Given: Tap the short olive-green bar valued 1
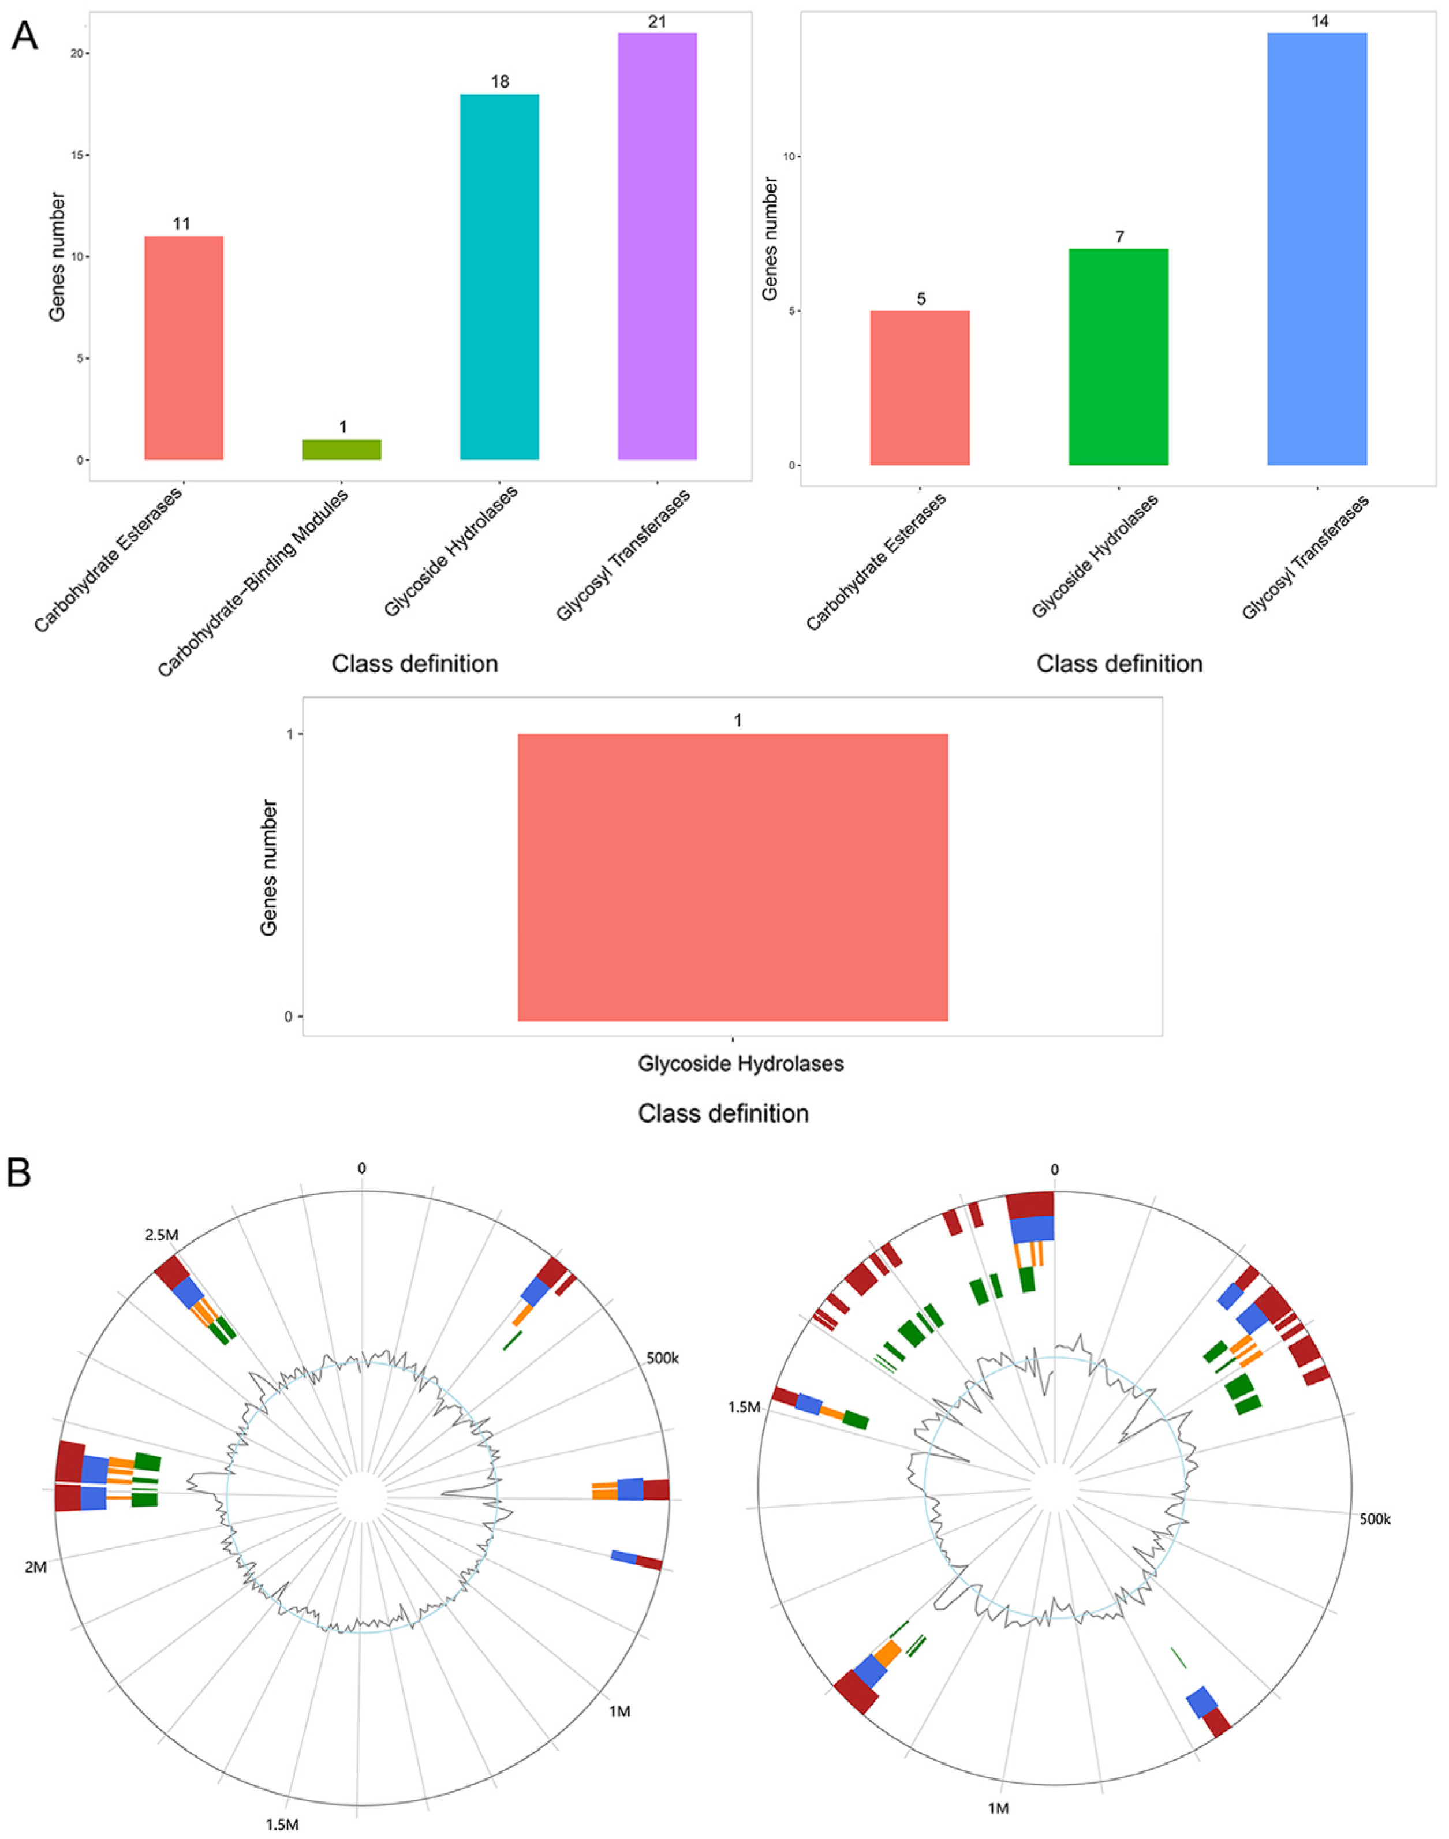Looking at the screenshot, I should pos(342,450).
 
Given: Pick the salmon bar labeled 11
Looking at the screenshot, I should pos(184,348).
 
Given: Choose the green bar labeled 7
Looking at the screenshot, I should pos(1118,356).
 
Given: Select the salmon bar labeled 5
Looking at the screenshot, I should pos(920,388).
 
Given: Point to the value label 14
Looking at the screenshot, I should pos(1319,21).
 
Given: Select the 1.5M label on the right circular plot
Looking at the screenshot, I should pos(744,1407).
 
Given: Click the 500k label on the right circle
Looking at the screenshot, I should pos(1375,1519).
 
